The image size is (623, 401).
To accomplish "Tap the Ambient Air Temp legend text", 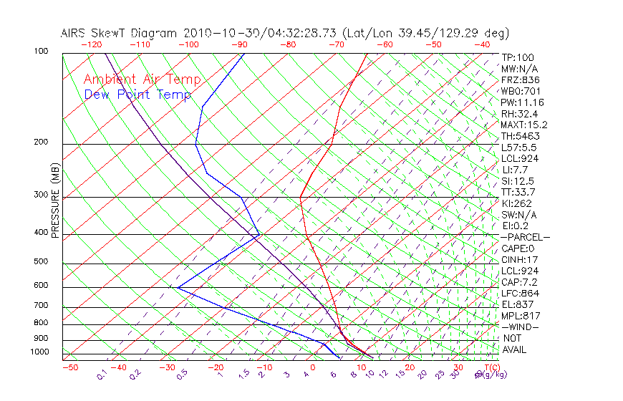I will (143, 79).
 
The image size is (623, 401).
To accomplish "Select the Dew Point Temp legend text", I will (137, 95).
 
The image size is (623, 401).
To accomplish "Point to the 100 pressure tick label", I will (41, 52).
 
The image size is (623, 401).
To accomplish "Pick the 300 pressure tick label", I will (41, 195).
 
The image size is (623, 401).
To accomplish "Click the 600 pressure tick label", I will (41, 286).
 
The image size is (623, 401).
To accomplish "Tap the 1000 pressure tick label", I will (39, 352).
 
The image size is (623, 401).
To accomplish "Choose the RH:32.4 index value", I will (518, 114).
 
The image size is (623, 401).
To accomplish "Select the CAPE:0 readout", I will (518, 248).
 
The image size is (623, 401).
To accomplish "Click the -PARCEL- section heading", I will (525, 237).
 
